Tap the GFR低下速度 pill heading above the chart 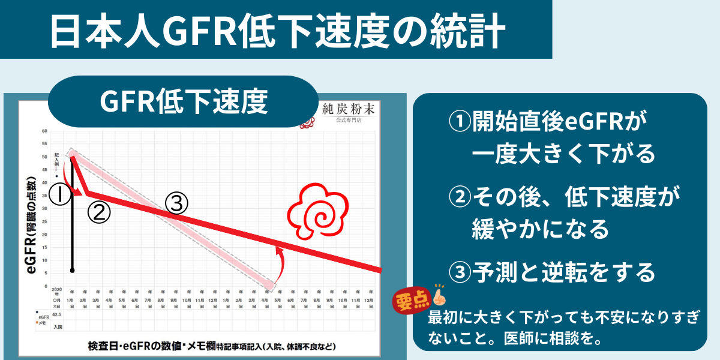pyautogui.click(x=183, y=101)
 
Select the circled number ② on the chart pyautogui.click(x=99, y=212)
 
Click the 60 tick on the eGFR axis pyautogui.click(x=44, y=131)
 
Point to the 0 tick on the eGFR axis pyautogui.click(x=46, y=286)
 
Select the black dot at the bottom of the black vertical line pyautogui.click(x=72, y=271)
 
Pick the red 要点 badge pyautogui.click(x=410, y=299)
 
